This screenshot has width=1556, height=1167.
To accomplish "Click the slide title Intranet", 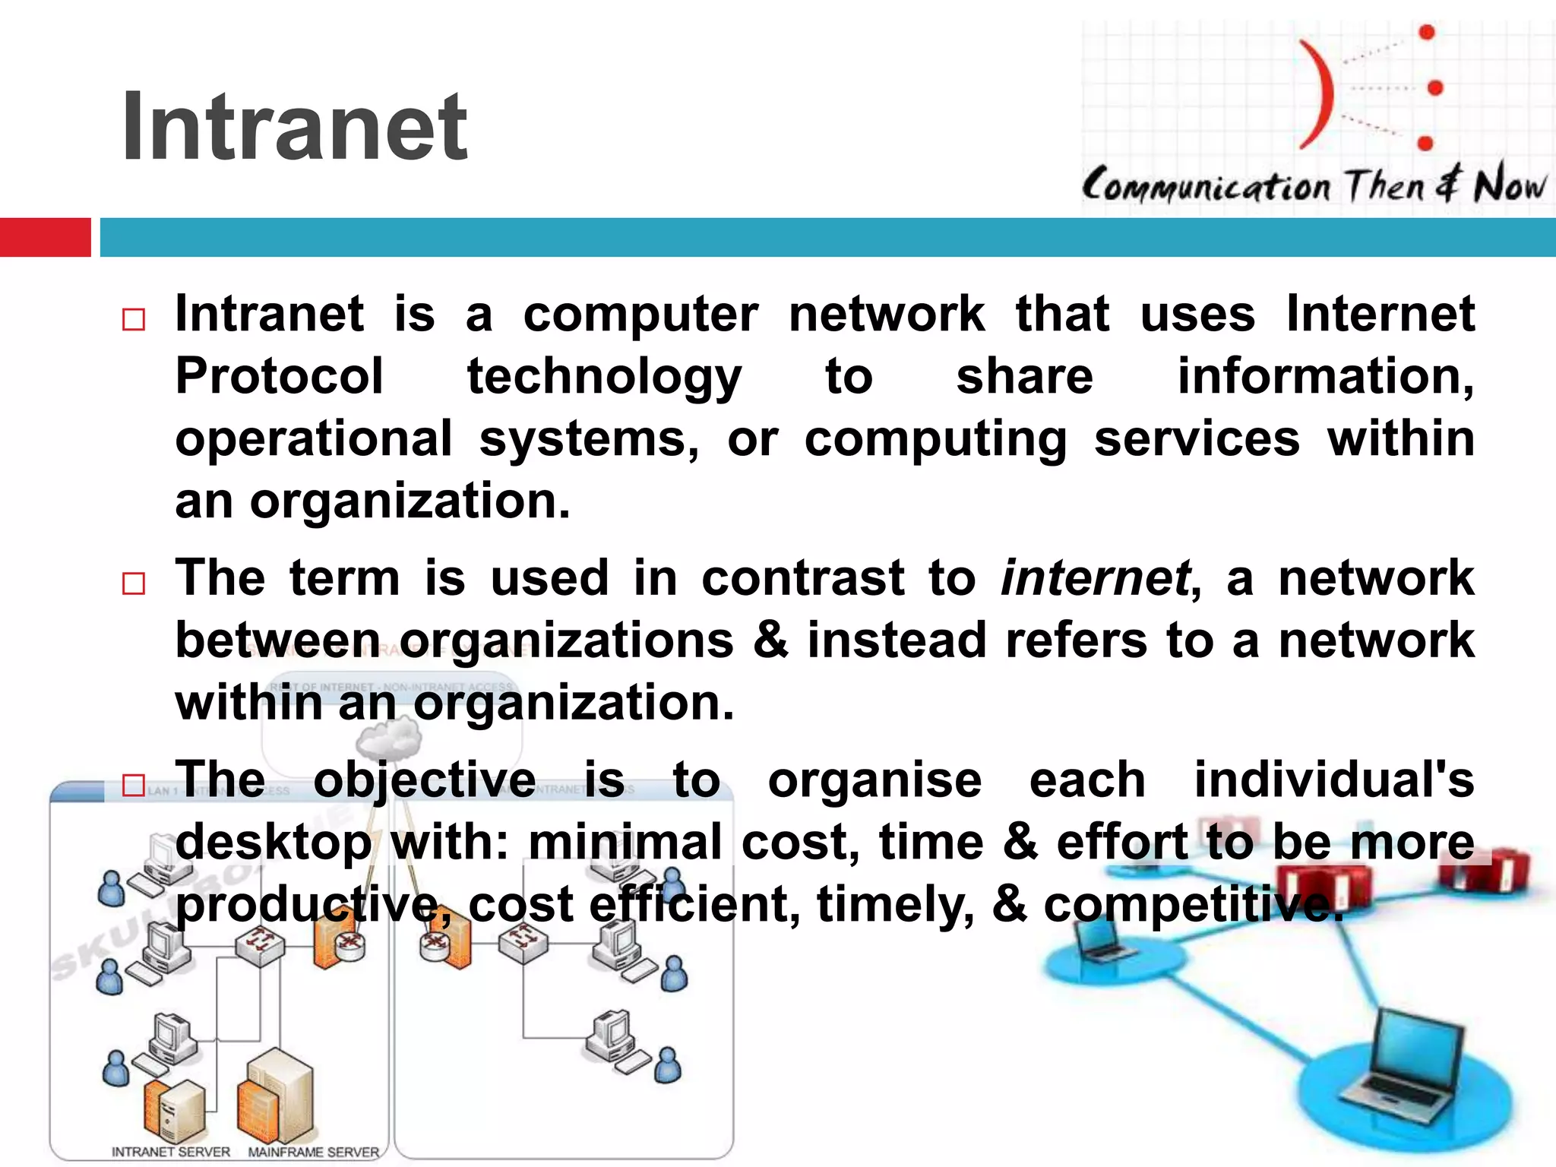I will pyautogui.click(x=295, y=127).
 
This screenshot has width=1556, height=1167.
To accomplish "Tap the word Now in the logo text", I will pyautogui.click(x=1509, y=185).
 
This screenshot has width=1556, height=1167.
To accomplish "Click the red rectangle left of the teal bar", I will pyautogui.click(x=45, y=237).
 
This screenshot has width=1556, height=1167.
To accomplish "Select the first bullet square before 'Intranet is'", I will pyautogui.click(x=134, y=319).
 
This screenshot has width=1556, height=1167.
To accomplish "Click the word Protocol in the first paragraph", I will pyautogui.click(x=279, y=376).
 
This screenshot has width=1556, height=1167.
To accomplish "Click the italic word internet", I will pyautogui.click(x=1095, y=578).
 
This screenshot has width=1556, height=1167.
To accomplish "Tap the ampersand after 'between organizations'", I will pyautogui.click(x=770, y=640).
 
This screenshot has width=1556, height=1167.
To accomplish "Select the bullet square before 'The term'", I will pyautogui.click(x=134, y=583).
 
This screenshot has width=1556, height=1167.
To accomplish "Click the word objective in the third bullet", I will pyautogui.click(x=425, y=780).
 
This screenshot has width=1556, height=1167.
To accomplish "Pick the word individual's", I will pyautogui.click(x=1333, y=780).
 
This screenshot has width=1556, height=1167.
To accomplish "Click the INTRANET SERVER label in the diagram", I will pyautogui.click(x=171, y=1152).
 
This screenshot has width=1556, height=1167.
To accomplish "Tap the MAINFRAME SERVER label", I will pyautogui.click(x=313, y=1152).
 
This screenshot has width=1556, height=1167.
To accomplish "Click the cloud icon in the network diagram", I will pyautogui.click(x=389, y=737).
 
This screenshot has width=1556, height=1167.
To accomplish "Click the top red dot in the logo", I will pyautogui.click(x=1427, y=32).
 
